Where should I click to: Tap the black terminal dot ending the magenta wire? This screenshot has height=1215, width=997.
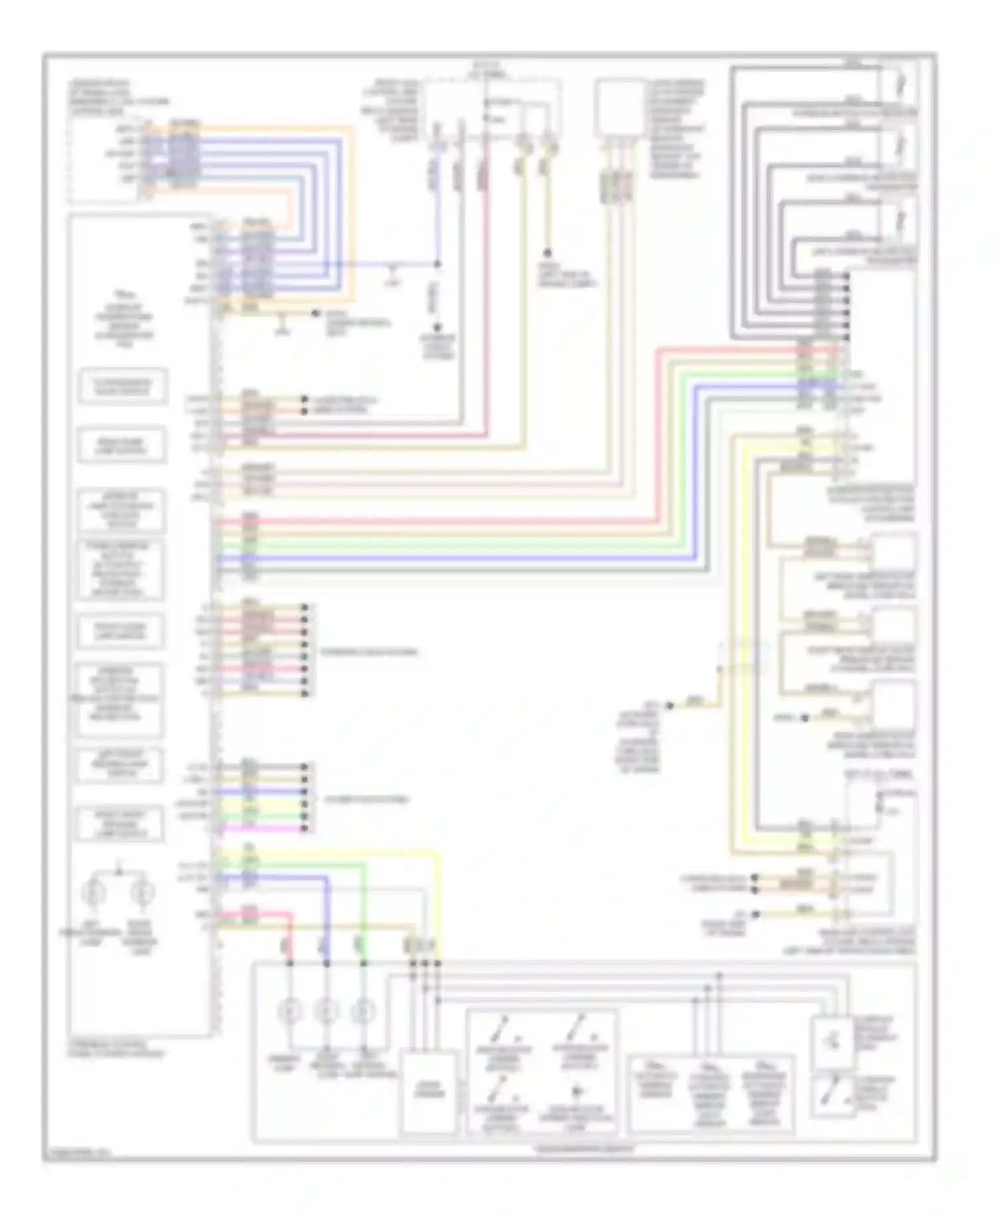[305, 828]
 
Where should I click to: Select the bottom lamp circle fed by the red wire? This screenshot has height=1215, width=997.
[290, 1012]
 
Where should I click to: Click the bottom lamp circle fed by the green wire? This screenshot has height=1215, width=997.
[362, 1012]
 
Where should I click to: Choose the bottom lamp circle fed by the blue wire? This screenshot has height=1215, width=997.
[326, 1012]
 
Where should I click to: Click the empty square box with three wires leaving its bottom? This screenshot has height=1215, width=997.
[619, 108]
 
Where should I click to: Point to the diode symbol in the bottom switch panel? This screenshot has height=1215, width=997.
[578, 1091]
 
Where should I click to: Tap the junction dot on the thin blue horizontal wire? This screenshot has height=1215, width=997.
[437, 264]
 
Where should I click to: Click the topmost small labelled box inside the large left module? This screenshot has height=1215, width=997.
[122, 386]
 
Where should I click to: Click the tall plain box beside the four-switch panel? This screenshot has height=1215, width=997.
[429, 1091]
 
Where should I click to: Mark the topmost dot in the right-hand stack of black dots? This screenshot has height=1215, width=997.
[847, 276]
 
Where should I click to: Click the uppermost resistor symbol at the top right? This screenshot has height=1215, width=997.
[901, 84]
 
